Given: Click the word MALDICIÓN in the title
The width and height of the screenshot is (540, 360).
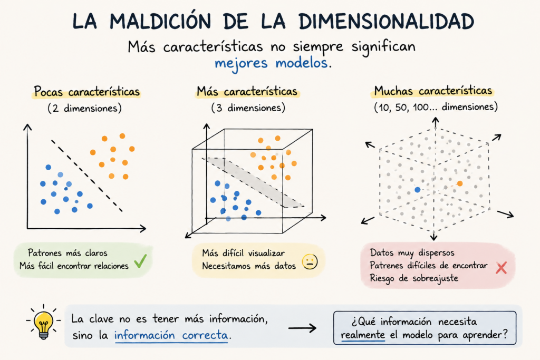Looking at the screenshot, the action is click(x=160, y=21).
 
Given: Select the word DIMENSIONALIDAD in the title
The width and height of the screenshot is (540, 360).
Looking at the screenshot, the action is click(x=387, y=21).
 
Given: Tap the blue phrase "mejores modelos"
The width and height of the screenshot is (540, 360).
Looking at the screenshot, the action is click(x=271, y=63).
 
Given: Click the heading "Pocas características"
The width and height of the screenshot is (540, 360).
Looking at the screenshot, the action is click(x=87, y=92).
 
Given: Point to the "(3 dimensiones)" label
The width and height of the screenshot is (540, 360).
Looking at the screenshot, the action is click(x=248, y=108).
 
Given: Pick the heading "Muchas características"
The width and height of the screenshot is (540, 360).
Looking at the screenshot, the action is click(x=433, y=91).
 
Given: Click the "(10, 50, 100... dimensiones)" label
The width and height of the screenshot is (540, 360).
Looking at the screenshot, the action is click(x=436, y=107).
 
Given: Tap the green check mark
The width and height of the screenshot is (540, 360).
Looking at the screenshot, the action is click(x=140, y=261).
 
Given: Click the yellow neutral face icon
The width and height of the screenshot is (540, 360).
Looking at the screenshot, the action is click(x=310, y=261).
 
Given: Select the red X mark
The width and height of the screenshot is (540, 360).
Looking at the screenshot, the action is click(x=501, y=267).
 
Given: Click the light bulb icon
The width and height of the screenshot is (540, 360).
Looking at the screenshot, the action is click(x=43, y=323).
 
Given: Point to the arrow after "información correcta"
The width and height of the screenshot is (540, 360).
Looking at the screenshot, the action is click(x=302, y=328).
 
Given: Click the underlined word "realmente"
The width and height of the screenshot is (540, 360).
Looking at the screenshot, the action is click(x=363, y=335).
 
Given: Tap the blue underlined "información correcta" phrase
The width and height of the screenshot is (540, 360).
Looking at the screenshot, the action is click(x=171, y=335).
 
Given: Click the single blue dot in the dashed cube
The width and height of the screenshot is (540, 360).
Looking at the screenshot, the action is click(x=418, y=190).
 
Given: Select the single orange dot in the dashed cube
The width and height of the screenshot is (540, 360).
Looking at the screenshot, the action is click(x=460, y=183).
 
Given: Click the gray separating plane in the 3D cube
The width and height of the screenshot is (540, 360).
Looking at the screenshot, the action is click(x=253, y=182).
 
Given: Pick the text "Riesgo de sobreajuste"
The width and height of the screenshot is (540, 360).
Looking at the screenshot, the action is click(x=414, y=278).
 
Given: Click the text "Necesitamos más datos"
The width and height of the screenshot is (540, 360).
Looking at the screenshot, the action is click(x=249, y=266).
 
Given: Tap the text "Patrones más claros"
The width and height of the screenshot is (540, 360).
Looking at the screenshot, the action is click(x=67, y=253).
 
